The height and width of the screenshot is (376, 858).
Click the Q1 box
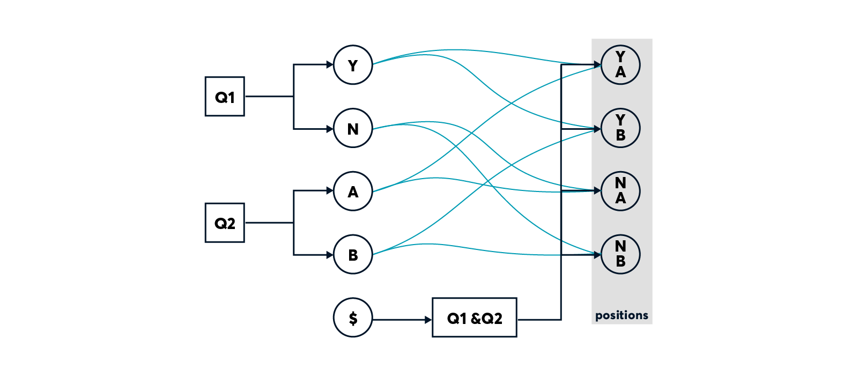click(225, 97)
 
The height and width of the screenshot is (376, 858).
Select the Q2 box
click(225, 223)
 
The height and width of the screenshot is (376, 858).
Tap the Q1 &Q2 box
click(474, 318)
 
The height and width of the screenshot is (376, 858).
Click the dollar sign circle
click(353, 318)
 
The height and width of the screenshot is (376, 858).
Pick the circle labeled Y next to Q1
click(353, 65)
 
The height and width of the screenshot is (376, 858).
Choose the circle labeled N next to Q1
click(353, 128)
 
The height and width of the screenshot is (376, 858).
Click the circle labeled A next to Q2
click(353, 191)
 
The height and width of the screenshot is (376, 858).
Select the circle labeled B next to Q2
click(353, 255)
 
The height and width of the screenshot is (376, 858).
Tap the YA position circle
click(620, 65)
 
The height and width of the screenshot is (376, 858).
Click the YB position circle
click(620, 128)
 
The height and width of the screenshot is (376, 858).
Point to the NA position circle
click(620, 191)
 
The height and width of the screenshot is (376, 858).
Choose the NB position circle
click(620, 254)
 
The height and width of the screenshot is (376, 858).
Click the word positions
click(622, 315)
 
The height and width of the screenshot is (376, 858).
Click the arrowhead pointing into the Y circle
click(330, 65)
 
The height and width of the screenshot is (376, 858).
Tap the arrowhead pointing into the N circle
click(330, 129)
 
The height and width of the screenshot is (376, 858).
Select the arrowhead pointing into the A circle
click(330, 190)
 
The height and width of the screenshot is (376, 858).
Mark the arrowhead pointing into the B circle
click(330, 255)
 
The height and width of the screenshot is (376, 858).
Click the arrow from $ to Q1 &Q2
click(402, 320)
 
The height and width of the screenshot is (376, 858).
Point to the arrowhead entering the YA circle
click(597, 65)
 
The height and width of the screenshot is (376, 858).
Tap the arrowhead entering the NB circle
click(597, 255)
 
